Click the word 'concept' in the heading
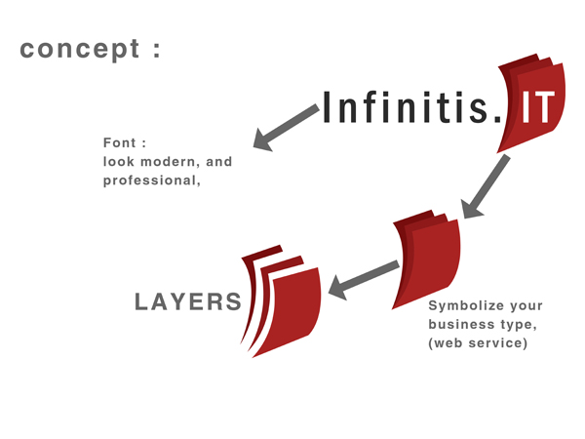click(x=78, y=49)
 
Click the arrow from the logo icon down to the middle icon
click(x=487, y=186)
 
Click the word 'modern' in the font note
click(x=174, y=162)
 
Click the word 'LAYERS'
click(x=187, y=302)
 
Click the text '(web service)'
click(x=478, y=342)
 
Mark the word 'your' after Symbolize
click(x=524, y=306)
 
